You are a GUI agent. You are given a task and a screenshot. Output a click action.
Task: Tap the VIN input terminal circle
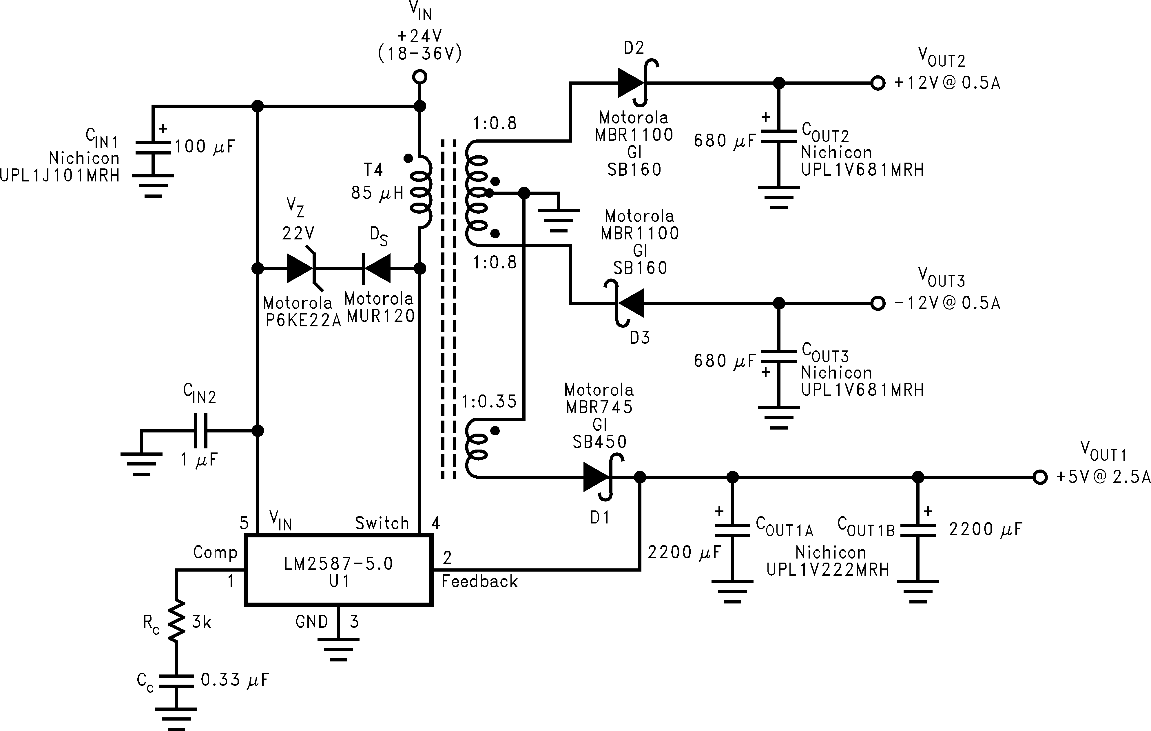420,77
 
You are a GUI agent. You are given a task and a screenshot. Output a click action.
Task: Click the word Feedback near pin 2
479,582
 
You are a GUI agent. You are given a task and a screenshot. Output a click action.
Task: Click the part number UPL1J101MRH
60,175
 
